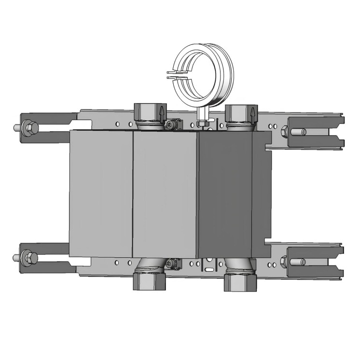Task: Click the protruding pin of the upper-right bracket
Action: coord(299,131)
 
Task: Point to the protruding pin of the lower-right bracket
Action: coord(298,262)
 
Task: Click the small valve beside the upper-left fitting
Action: coord(171,125)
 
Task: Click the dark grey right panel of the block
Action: coord(226,193)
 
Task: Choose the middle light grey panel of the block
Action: coord(165,193)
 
